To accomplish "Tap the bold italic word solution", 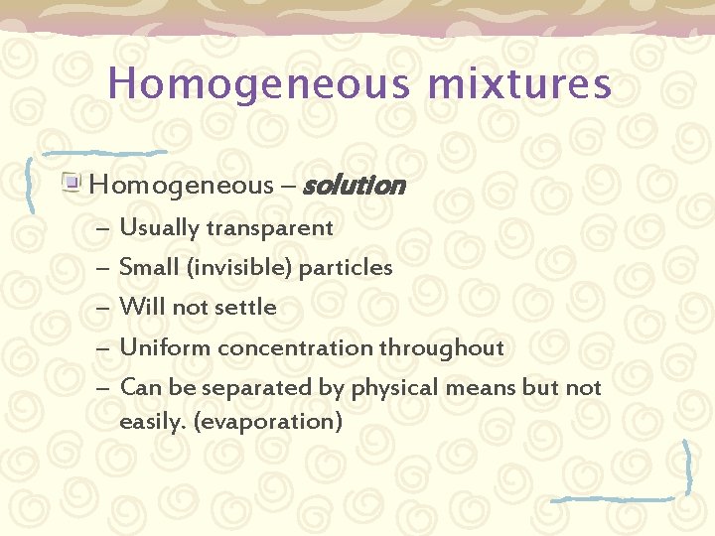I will (353, 186).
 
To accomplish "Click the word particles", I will (346, 268).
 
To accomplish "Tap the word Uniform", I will (165, 348).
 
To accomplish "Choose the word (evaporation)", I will (269, 422).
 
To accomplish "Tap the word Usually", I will (159, 228).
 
